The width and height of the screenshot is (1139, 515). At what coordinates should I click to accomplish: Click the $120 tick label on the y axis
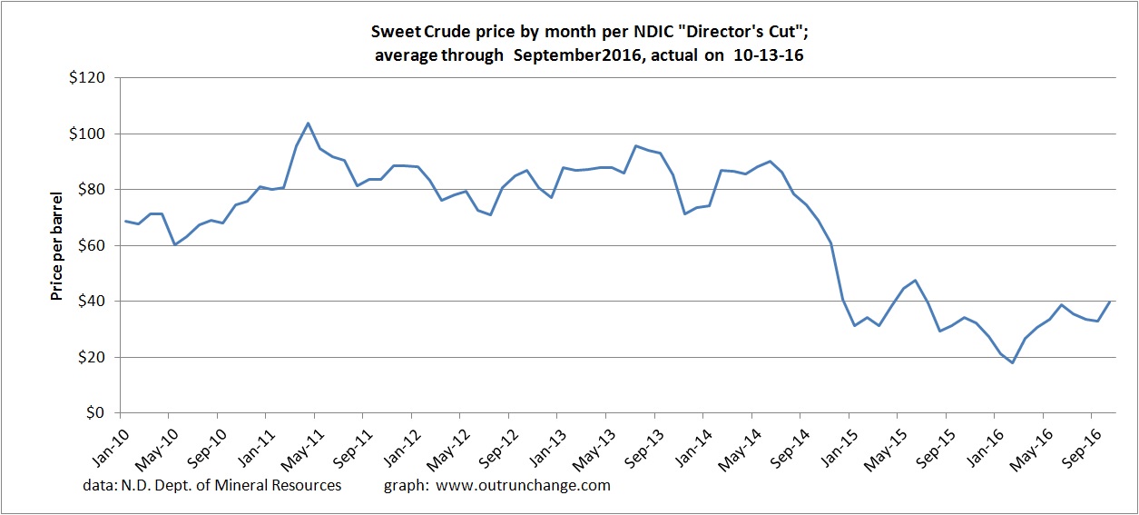tap(91, 78)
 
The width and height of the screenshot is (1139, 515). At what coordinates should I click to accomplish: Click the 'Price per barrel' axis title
tap(57, 245)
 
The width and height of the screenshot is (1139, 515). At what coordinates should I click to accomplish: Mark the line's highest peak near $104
tap(309, 123)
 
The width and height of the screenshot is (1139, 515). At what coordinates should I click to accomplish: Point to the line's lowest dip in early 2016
tap(1012, 362)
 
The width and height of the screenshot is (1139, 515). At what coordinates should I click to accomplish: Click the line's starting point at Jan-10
tap(126, 221)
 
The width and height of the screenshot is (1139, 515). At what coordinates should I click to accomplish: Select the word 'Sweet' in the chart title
tap(395, 33)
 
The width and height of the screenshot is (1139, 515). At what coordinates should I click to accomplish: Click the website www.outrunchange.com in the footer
tap(524, 485)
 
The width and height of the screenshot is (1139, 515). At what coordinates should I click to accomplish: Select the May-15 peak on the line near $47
tap(915, 281)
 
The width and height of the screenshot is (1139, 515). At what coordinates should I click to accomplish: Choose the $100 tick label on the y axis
tap(91, 134)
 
